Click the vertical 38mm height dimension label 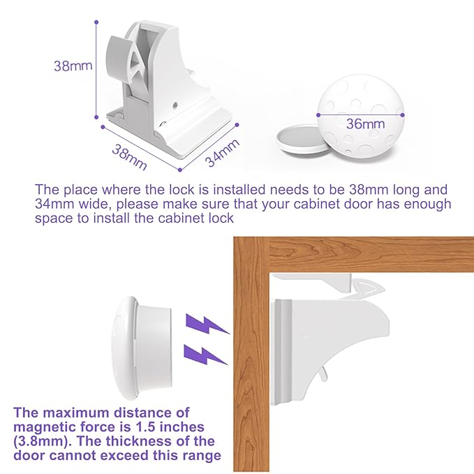pyautogui.click(x=73, y=67)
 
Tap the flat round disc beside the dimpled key pyautogui.click(x=301, y=138)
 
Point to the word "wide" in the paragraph pyautogui.click(x=96, y=204)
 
